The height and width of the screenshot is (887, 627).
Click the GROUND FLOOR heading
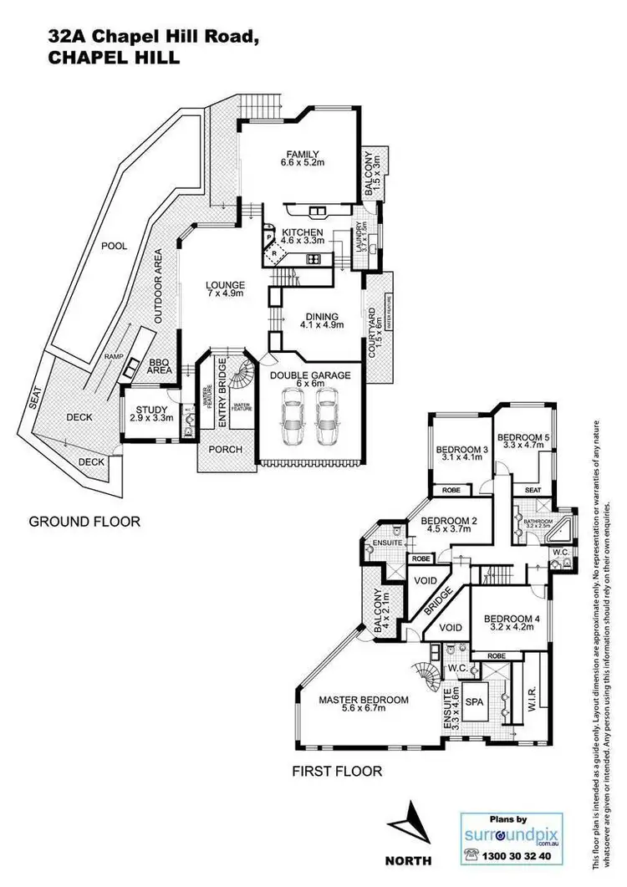[x=84, y=522]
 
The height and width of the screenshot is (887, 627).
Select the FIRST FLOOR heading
[x=337, y=772]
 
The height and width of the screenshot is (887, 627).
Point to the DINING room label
[x=321, y=316]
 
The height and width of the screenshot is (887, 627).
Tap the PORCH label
[x=224, y=449]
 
